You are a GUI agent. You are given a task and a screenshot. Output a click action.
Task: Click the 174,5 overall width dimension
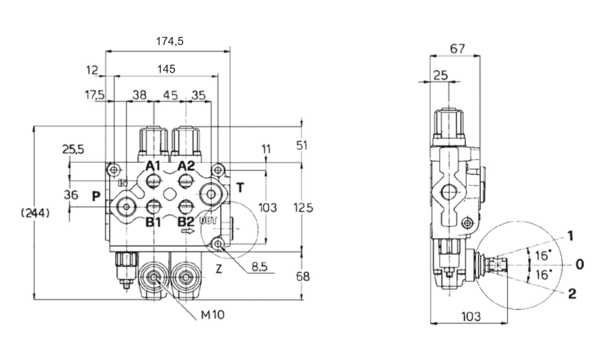pyautogui.click(x=169, y=42)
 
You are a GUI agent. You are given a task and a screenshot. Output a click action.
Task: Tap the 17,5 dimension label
pyautogui.click(x=94, y=95)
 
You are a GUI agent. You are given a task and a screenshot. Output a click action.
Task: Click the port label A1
pyautogui.click(x=154, y=166)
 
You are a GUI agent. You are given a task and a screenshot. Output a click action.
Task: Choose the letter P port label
pyautogui.click(x=96, y=196)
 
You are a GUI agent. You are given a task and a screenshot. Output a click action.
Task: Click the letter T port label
pyautogui.click(x=240, y=187)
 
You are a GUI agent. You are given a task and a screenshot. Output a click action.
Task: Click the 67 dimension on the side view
pyautogui.click(x=457, y=48)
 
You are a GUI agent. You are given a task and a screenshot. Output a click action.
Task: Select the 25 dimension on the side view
pyautogui.click(x=440, y=75)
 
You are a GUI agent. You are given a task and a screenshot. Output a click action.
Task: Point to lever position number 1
pyautogui.click(x=570, y=236)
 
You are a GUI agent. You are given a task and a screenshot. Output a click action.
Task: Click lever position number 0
pyautogui.click(x=579, y=264)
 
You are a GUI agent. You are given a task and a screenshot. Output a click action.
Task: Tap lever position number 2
pyautogui.click(x=572, y=293)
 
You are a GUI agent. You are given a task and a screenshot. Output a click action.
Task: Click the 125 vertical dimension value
pyautogui.click(x=304, y=208)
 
